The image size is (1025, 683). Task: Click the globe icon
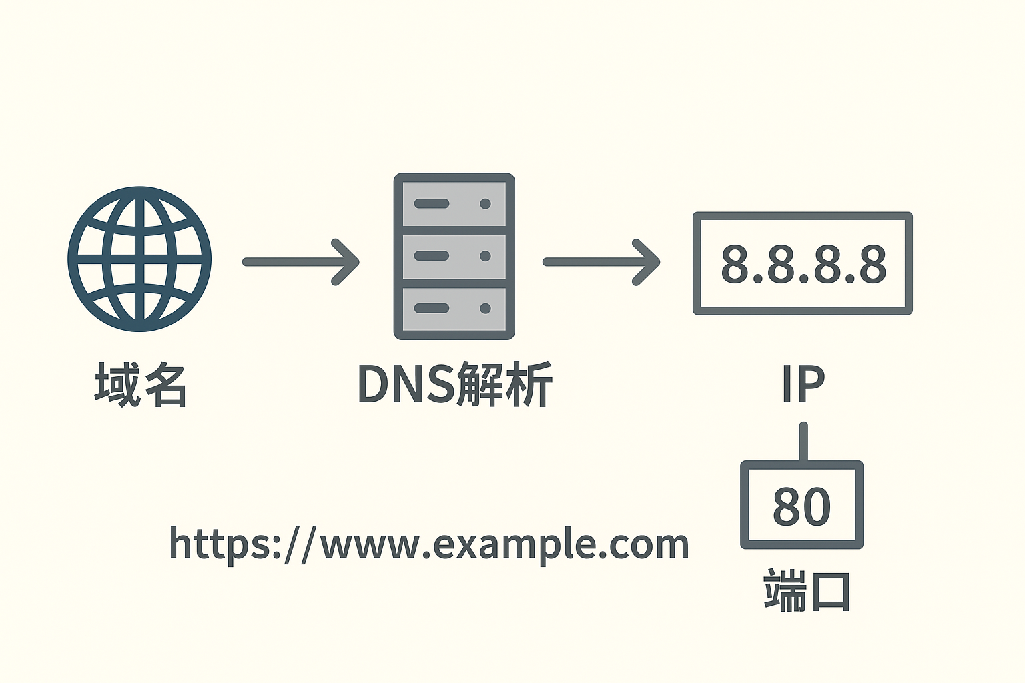coord(139,259)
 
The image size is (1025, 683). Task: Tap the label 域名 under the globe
coord(141,384)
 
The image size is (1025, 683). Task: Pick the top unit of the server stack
coord(454,203)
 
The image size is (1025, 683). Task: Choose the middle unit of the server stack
coord(454,256)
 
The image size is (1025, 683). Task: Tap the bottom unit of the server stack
coord(454,308)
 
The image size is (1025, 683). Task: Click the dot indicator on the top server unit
coord(485,203)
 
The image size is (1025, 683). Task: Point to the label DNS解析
coord(454,384)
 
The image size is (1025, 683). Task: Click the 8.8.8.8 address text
coord(803,264)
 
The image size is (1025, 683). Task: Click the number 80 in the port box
coord(801,506)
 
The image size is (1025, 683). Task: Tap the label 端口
coord(807,591)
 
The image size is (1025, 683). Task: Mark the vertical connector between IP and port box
coord(803,442)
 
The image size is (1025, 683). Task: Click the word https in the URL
coord(216,544)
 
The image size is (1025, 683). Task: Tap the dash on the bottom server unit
coord(432,308)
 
